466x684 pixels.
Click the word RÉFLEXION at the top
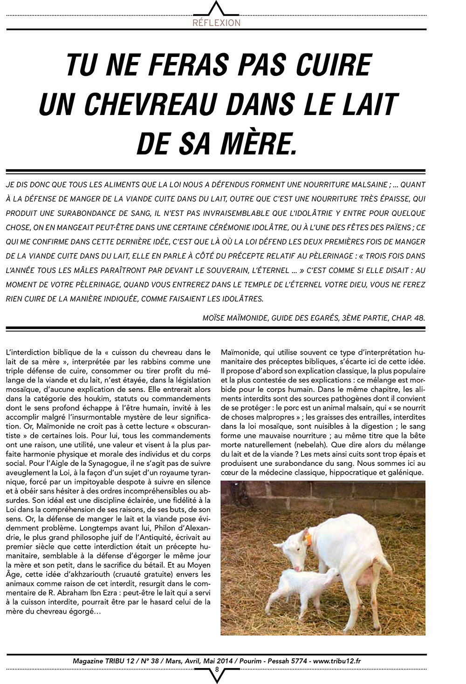pyautogui.click(x=216, y=23)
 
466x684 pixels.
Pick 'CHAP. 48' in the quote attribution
pyautogui.click(x=408, y=318)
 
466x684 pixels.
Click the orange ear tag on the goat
pyautogui.click(x=308, y=539)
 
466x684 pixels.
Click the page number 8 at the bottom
pyautogui.click(x=217, y=670)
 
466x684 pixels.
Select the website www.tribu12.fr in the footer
pyautogui.click(x=337, y=661)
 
